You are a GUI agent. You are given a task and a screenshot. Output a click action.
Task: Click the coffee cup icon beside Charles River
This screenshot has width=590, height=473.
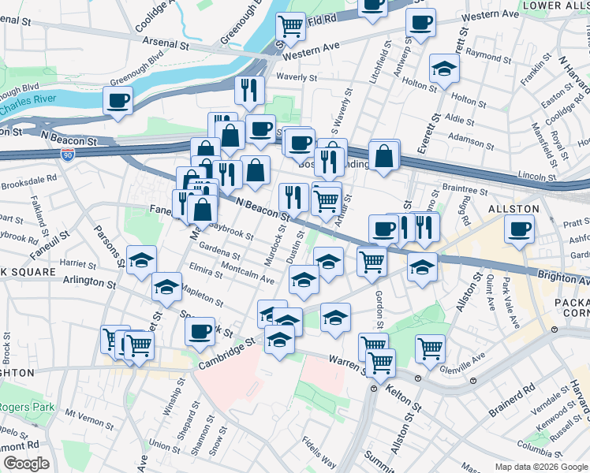point(118,100)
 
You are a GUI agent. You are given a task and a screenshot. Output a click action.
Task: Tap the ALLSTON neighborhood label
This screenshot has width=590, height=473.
point(513,208)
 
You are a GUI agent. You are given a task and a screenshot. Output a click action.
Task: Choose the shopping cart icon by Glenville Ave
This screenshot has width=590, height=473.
point(430,348)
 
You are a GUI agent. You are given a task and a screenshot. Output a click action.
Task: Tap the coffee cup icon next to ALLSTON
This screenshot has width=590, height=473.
point(519,229)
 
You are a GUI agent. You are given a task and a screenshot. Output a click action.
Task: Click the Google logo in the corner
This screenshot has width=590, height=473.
point(25,464)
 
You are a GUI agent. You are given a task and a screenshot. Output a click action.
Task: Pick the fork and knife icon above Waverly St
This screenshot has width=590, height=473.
point(248,91)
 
